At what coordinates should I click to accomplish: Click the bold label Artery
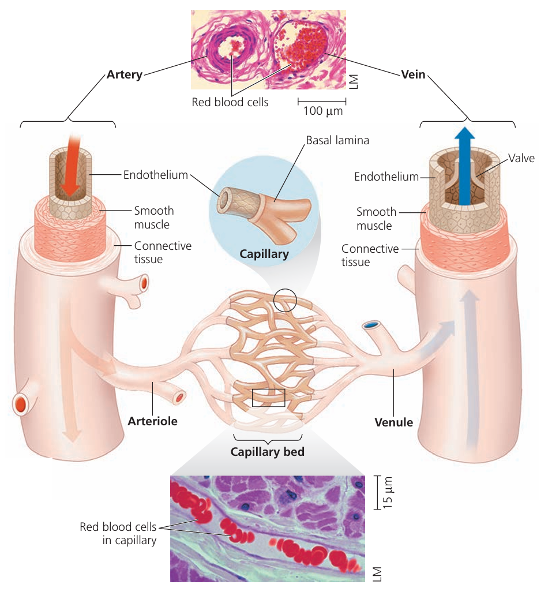click(x=124, y=75)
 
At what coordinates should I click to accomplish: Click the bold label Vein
click(x=412, y=74)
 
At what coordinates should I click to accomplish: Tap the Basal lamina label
click(x=337, y=140)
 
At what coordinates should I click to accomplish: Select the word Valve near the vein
click(x=521, y=158)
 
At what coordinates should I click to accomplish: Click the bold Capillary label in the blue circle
click(x=264, y=253)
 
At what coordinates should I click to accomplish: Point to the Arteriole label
click(x=152, y=421)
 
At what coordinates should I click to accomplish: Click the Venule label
click(x=393, y=422)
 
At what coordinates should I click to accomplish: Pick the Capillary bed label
click(x=267, y=452)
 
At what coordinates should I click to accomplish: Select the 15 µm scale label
click(x=387, y=492)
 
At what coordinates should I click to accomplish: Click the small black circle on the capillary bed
click(x=285, y=300)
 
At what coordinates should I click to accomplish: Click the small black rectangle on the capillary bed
click(x=268, y=398)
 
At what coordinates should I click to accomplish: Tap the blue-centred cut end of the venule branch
click(x=370, y=326)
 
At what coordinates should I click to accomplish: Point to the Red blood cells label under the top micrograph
click(x=230, y=103)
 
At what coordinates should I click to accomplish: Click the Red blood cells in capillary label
click(x=118, y=533)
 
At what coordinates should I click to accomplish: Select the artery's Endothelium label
click(x=155, y=174)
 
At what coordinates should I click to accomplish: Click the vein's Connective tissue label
click(x=370, y=255)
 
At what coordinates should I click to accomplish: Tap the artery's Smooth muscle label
click(x=154, y=217)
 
